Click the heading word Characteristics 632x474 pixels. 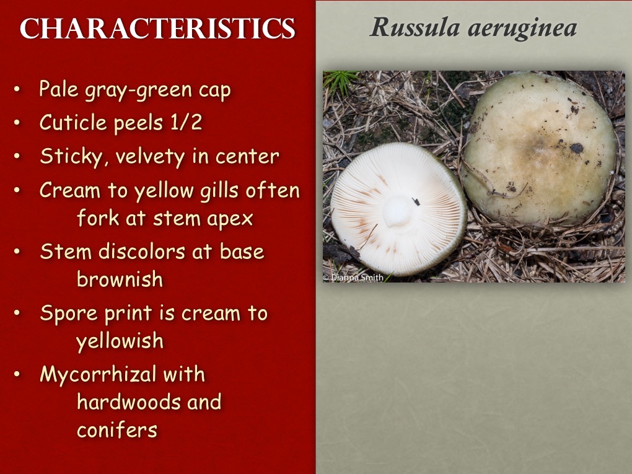pos(157,29)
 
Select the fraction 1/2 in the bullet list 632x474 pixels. pos(185,123)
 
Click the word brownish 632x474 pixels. pos(120,279)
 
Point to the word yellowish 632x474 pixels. pos(120,340)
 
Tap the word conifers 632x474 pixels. pos(116,429)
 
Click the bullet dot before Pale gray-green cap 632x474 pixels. pos(17,90)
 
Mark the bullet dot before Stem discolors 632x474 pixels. pos(17,252)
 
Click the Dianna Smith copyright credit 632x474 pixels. pos(353,278)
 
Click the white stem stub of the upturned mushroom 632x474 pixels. pos(398,211)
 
